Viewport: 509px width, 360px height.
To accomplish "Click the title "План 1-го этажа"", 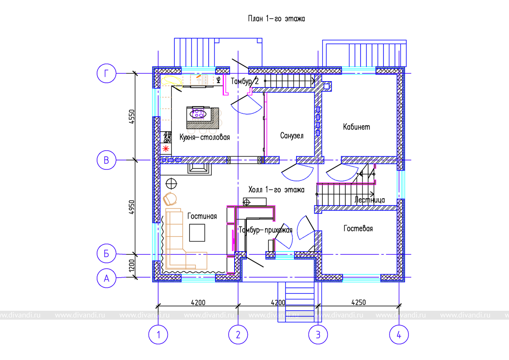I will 277,19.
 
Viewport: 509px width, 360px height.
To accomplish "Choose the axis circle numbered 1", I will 158,335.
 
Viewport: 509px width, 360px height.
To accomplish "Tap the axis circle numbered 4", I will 399,335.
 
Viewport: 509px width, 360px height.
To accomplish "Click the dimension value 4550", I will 131,117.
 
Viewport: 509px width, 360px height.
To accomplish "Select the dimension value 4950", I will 131,207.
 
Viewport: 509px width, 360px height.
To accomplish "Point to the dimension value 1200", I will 131,266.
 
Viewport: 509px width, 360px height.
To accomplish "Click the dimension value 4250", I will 359,303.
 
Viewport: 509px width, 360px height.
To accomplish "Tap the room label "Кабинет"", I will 357,127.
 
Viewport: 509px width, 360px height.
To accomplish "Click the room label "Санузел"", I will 292,136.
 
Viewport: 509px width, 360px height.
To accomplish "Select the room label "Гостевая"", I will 358,228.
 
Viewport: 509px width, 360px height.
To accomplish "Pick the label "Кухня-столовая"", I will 204,137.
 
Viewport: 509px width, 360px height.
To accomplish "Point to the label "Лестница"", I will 369,199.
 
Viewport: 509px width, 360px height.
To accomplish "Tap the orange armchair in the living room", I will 171,198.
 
